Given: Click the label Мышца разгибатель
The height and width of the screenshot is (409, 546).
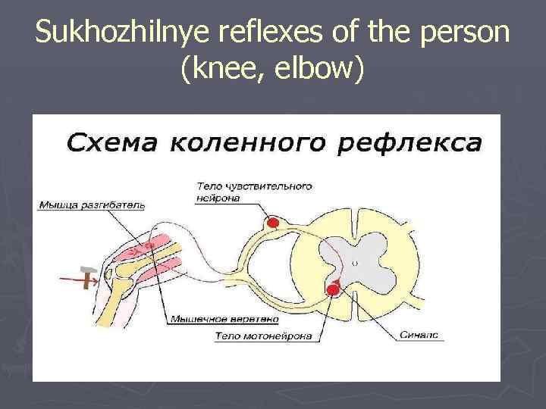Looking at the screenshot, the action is pos(90,204).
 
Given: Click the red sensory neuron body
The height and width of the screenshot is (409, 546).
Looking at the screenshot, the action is pos(271,223).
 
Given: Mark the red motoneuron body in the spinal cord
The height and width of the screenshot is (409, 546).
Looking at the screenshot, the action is pos(331,289).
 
